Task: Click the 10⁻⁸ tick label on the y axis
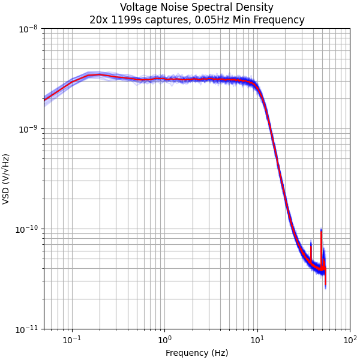29,29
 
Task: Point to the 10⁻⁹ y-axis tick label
29,129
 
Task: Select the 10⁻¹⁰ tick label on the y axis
28,229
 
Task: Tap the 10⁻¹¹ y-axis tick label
28,329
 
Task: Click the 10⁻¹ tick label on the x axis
72,340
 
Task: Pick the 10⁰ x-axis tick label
164,340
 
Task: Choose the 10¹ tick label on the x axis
257,340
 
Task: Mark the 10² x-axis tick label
350,340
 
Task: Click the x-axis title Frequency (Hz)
197,353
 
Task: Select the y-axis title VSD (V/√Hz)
7,179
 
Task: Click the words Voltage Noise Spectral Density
197,8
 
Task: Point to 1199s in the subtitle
124,20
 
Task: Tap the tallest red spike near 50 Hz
321,234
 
